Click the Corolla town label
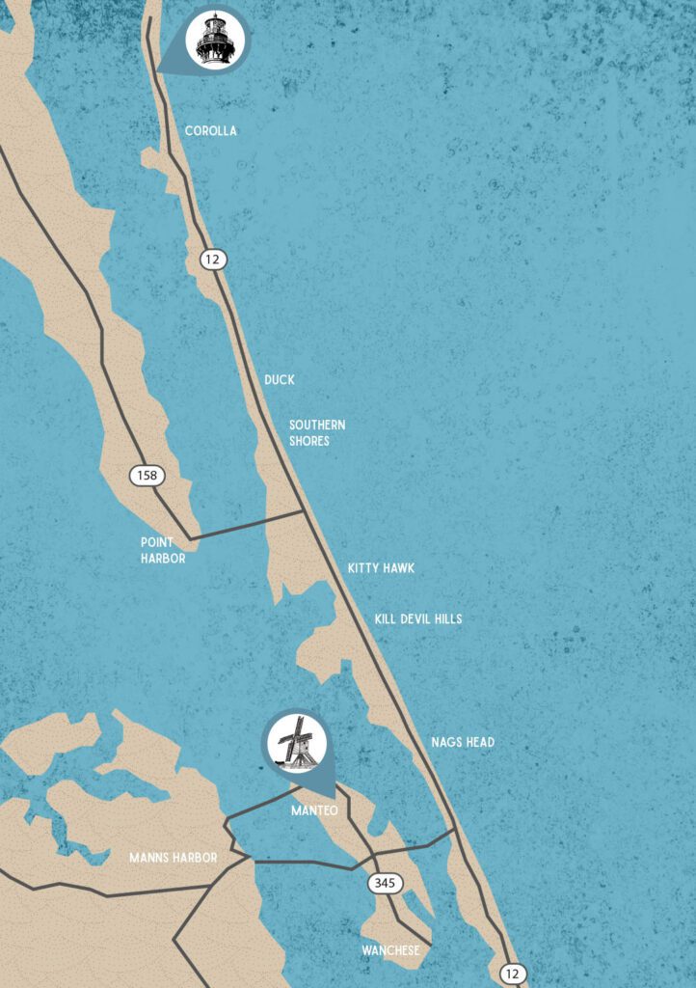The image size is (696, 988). pos(210,131)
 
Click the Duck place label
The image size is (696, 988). pos(279,380)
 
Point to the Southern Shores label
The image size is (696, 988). pos(317,433)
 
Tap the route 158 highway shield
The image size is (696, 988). pos(147,475)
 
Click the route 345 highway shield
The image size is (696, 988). pos(385,883)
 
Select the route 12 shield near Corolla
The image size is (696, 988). pos(212,259)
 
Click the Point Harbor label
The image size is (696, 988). pos(163,550)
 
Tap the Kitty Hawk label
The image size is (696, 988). pos(381,568)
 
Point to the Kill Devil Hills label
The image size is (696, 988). pos(418,618)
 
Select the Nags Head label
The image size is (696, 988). pos(463,742)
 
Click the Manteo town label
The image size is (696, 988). pos(314,811)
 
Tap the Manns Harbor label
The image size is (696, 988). pos(174,857)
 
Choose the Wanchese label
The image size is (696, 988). pos(390,950)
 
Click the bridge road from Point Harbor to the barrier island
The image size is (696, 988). pos(247,525)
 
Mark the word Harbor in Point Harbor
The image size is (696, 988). pos(163,559)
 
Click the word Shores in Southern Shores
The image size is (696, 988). pos(309,441)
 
